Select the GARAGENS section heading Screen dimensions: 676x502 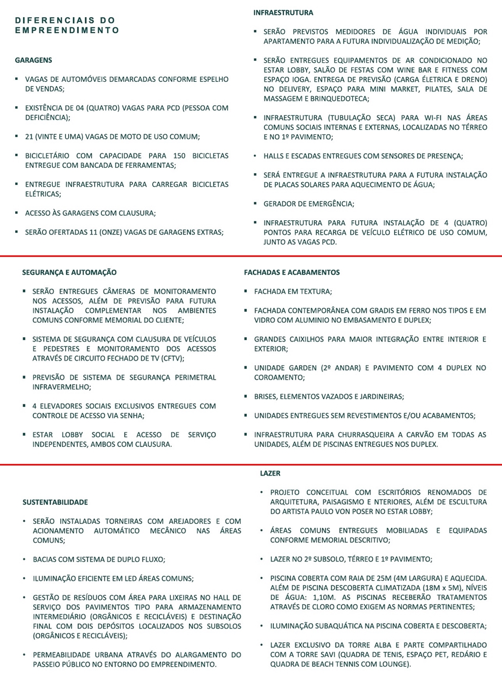pos(33,60)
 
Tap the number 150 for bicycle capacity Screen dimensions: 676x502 pos(179,156)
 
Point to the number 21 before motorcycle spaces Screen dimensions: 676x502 pos(29,137)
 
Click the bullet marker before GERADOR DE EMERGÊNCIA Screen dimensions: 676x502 pos(255,203)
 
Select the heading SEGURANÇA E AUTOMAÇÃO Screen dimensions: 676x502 pos(70,272)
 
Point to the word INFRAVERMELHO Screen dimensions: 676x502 pos(61,387)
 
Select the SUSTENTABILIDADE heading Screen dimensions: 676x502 pos(55,502)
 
